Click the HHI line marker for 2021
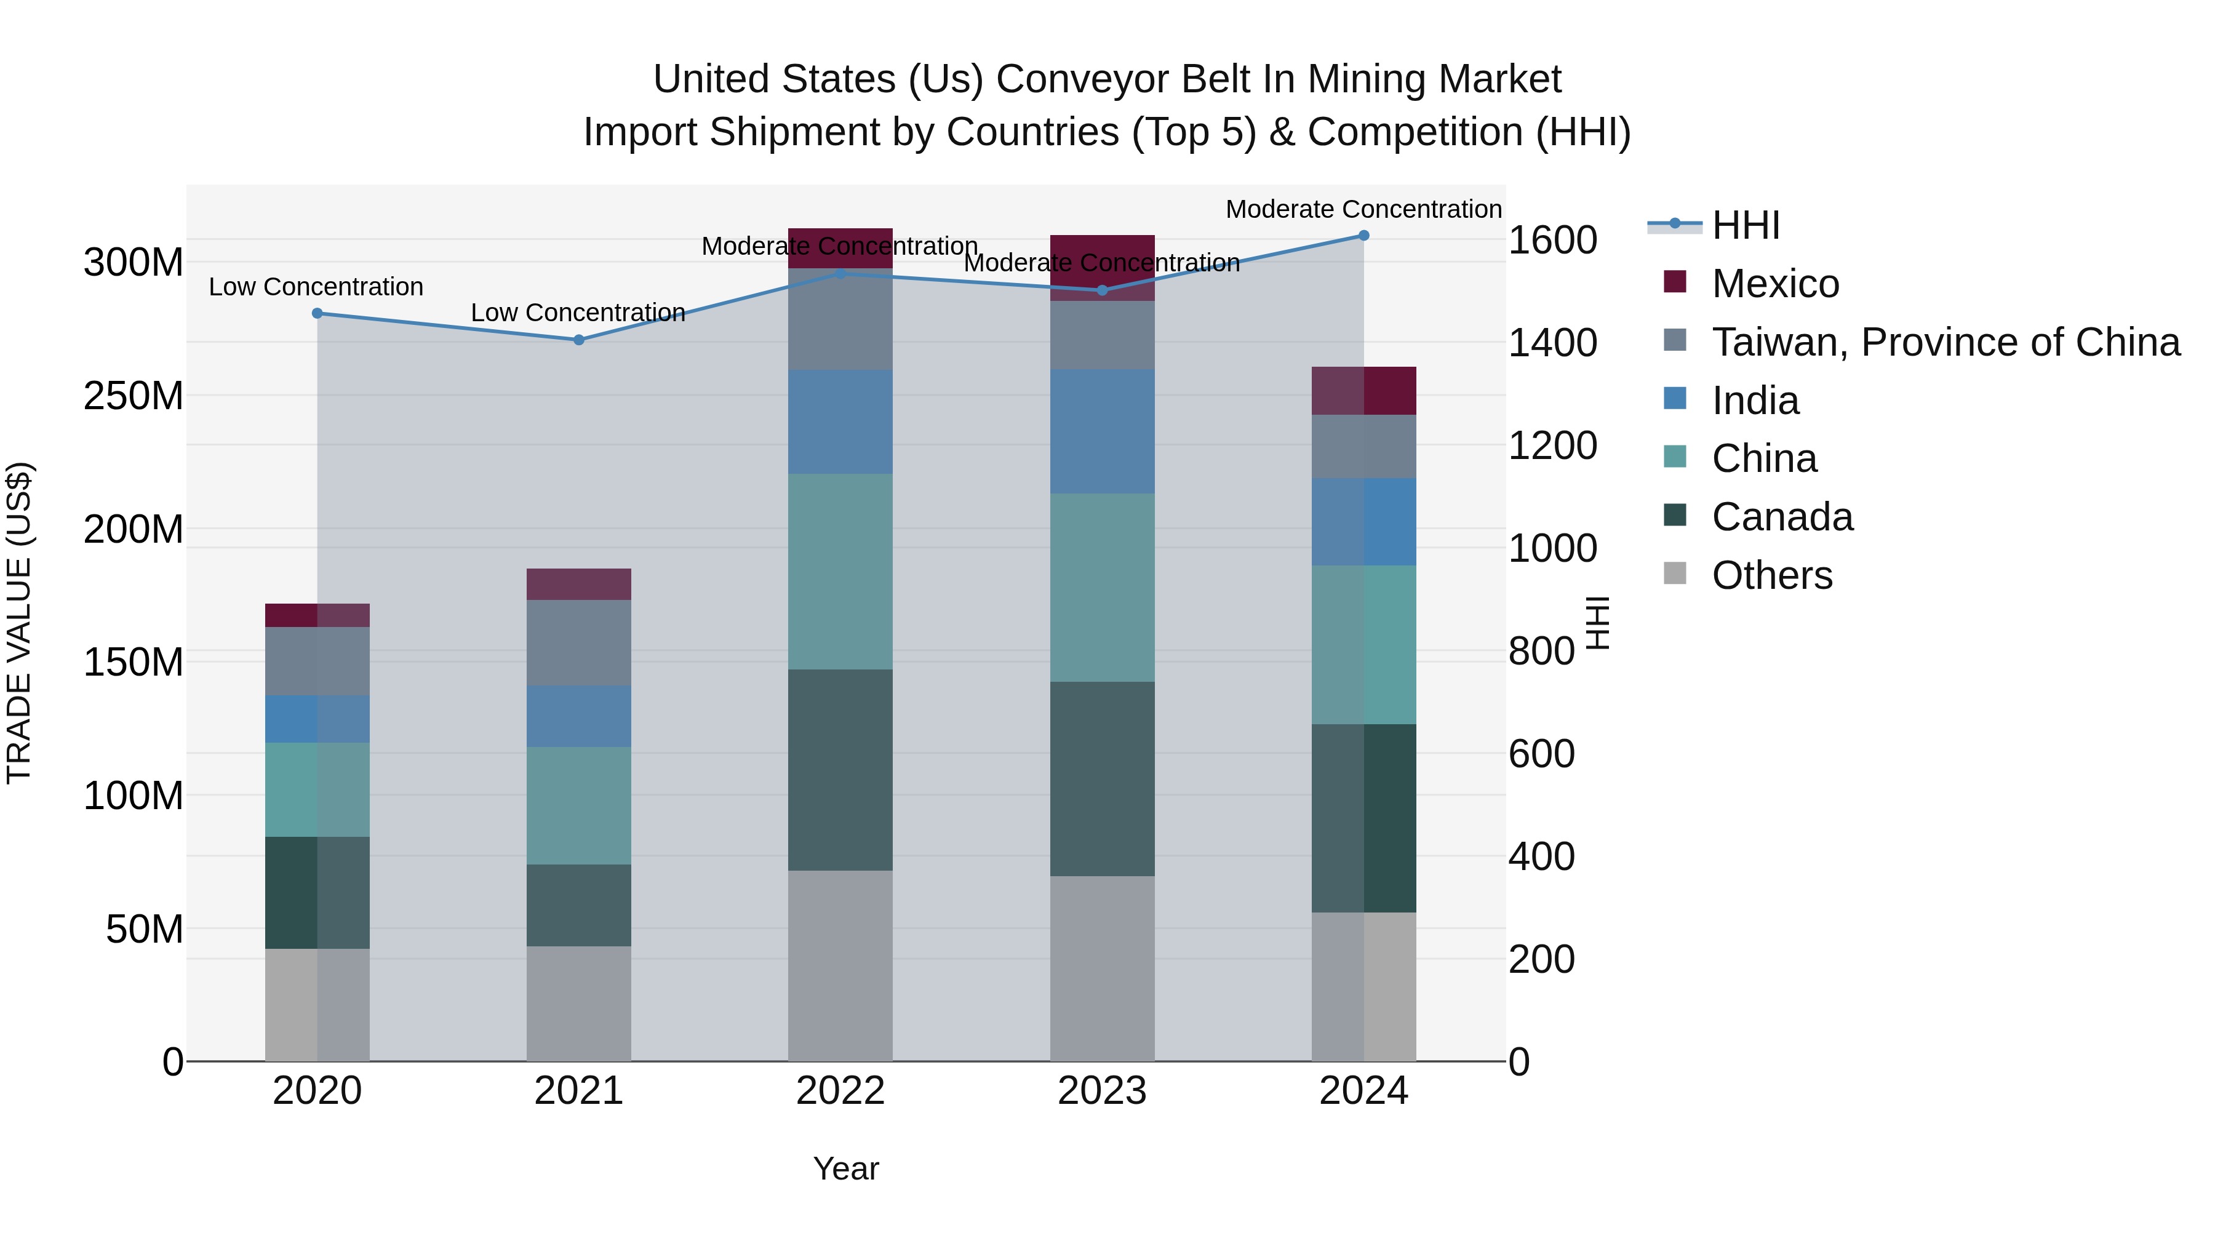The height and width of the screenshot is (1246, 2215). [x=579, y=340]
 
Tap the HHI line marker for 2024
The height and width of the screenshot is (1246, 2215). [x=1363, y=236]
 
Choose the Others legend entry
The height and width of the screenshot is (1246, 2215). [x=1771, y=575]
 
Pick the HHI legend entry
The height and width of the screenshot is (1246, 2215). [x=1746, y=225]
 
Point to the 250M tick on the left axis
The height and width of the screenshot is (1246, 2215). [x=134, y=396]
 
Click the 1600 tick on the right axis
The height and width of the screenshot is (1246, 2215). [x=1553, y=240]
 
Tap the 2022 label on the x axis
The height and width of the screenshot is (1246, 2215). [x=840, y=1091]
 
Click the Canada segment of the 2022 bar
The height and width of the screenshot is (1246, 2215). [x=840, y=770]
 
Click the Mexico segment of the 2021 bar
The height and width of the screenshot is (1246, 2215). [x=579, y=584]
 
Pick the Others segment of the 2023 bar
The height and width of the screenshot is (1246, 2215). [x=1103, y=968]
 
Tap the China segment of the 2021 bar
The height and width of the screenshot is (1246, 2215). [x=579, y=805]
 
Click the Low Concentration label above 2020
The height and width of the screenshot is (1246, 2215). [x=316, y=286]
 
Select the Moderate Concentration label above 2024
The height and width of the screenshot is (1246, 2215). [x=1363, y=209]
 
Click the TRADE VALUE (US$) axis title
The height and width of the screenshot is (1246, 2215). [x=19, y=623]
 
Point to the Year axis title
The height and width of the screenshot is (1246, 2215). [x=846, y=1168]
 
